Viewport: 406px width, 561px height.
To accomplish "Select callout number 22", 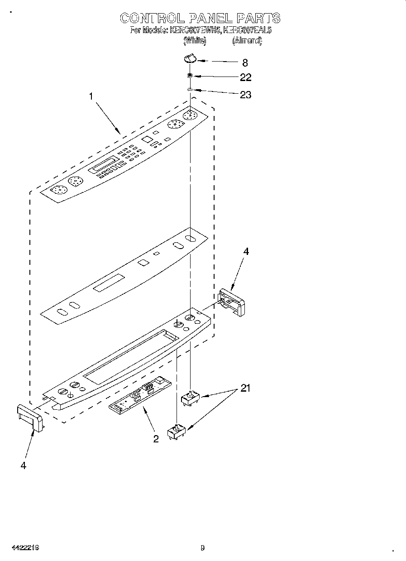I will tap(245, 77).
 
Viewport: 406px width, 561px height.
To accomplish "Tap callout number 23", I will tap(245, 95).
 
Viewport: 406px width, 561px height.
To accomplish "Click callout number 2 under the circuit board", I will tap(156, 438).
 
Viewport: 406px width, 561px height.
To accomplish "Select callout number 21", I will tap(245, 388).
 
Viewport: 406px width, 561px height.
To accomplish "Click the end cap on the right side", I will tap(232, 302).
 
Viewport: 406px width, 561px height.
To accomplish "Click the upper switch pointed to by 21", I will tap(190, 398).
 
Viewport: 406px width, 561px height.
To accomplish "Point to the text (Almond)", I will tap(247, 41).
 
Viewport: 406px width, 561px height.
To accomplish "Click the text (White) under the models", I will tap(195, 41).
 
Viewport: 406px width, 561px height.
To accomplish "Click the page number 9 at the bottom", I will tap(203, 548).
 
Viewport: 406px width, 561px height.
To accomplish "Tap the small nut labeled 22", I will tap(191, 76).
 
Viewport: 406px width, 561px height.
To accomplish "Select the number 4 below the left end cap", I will tap(23, 465).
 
